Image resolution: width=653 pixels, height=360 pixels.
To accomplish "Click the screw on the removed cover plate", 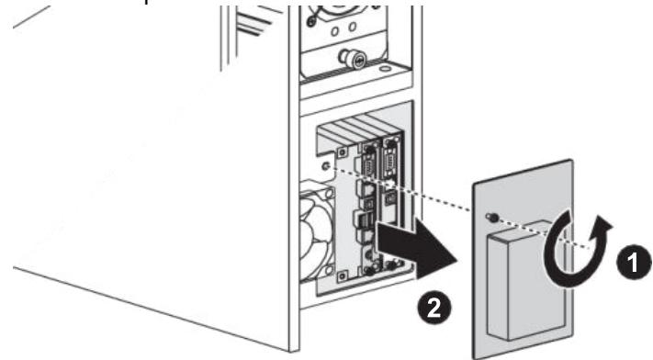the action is (492, 218).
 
